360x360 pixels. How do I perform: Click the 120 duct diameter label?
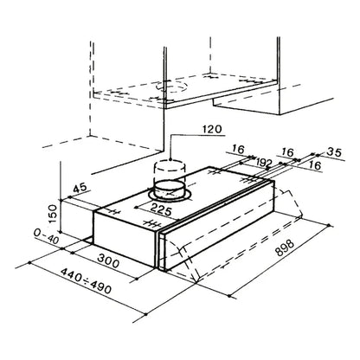coord(212,129)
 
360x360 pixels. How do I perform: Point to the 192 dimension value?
coord(264,163)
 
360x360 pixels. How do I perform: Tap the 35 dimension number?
coord(335,152)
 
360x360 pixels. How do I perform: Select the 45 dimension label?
coord(80,188)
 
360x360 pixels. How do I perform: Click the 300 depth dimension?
coord(108,260)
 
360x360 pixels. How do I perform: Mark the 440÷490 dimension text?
coord(86,280)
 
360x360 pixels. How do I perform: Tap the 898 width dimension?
coord(285,247)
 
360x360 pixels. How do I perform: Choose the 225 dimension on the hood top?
coord(161,209)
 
